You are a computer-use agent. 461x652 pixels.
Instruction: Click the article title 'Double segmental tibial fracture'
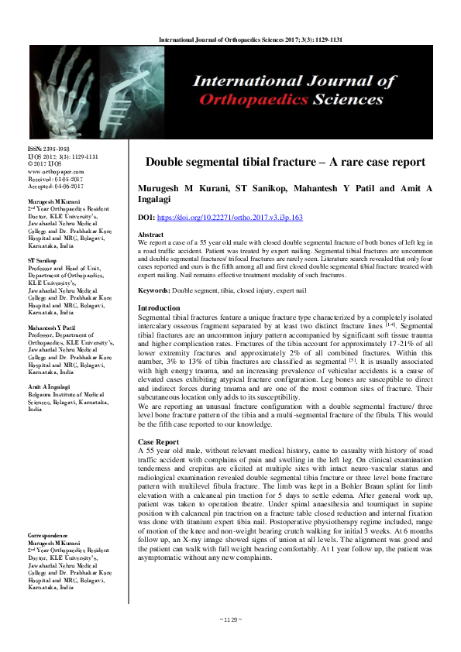click(x=286, y=162)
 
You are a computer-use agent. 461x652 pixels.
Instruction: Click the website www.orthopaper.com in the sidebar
click(x=57, y=170)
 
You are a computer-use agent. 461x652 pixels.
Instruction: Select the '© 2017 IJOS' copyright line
click(x=46, y=163)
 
